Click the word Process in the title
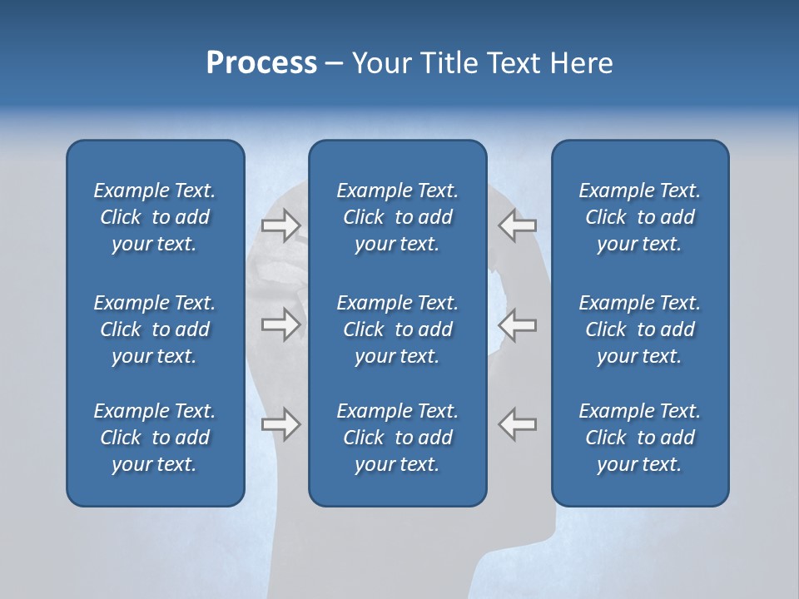tap(261, 63)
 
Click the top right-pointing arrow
tap(280, 225)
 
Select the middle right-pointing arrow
tap(280, 324)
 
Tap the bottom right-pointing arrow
tap(280, 424)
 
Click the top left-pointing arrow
tap(518, 225)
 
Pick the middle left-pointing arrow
tap(518, 324)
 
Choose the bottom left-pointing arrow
tap(518, 424)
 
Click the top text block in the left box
tap(155, 217)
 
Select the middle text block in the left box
tap(155, 329)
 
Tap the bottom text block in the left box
tap(155, 438)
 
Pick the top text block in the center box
tap(397, 217)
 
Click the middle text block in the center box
tap(397, 329)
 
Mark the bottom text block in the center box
tap(397, 438)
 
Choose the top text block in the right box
tap(639, 217)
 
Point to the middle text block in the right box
tap(639, 329)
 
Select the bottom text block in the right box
tap(639, 438)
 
